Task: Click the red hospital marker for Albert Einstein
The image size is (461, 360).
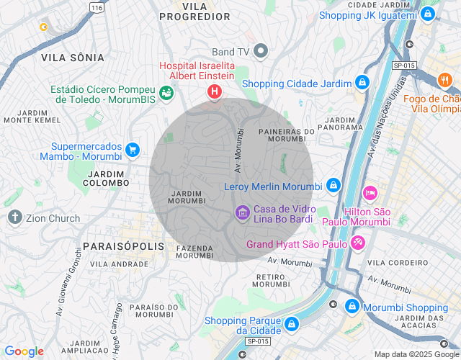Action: [x=214, y=91]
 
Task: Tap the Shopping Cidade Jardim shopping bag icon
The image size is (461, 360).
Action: [x=362, y=83]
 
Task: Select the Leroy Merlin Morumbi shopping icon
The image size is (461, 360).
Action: [x=333, y=186]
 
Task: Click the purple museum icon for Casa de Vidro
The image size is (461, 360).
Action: [x=242, y=212]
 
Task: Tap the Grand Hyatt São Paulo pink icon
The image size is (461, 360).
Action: [x=357, y=244]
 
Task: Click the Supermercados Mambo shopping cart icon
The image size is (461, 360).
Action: [x=132, y=150]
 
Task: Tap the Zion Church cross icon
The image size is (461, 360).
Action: [x=15, y=217]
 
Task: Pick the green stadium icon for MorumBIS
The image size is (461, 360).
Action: [x=166, y=92]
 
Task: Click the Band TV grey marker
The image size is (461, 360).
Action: [x=261, y=51]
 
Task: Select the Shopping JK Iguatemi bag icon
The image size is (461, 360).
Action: [x=429, y=14]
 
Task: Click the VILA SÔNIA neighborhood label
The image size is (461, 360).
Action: [x=72, y=57]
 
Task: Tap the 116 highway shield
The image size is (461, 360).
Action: [x=96, y=6]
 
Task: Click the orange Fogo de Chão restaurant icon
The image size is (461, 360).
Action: [x=445, y=79]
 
